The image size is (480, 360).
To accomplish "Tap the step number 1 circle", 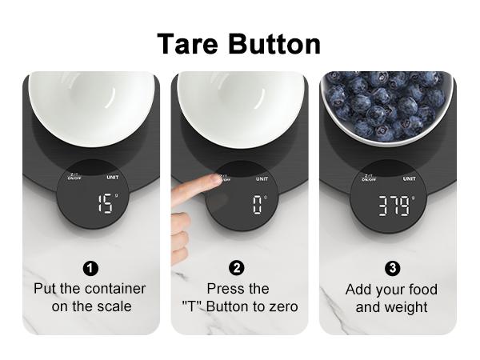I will click(90, 267).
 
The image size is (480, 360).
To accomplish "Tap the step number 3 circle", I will click(393, 267).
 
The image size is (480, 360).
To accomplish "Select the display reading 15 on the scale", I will click(104, 204).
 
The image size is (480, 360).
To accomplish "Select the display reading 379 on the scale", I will click(393, 206).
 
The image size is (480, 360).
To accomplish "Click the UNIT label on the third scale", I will click(409, 178).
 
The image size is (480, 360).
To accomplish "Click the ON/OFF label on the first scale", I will click(75, 179).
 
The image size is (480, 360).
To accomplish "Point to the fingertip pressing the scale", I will click(214, 179).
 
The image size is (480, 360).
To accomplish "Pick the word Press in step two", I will click(226, 288).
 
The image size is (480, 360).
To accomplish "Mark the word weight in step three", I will click(405, 306).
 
